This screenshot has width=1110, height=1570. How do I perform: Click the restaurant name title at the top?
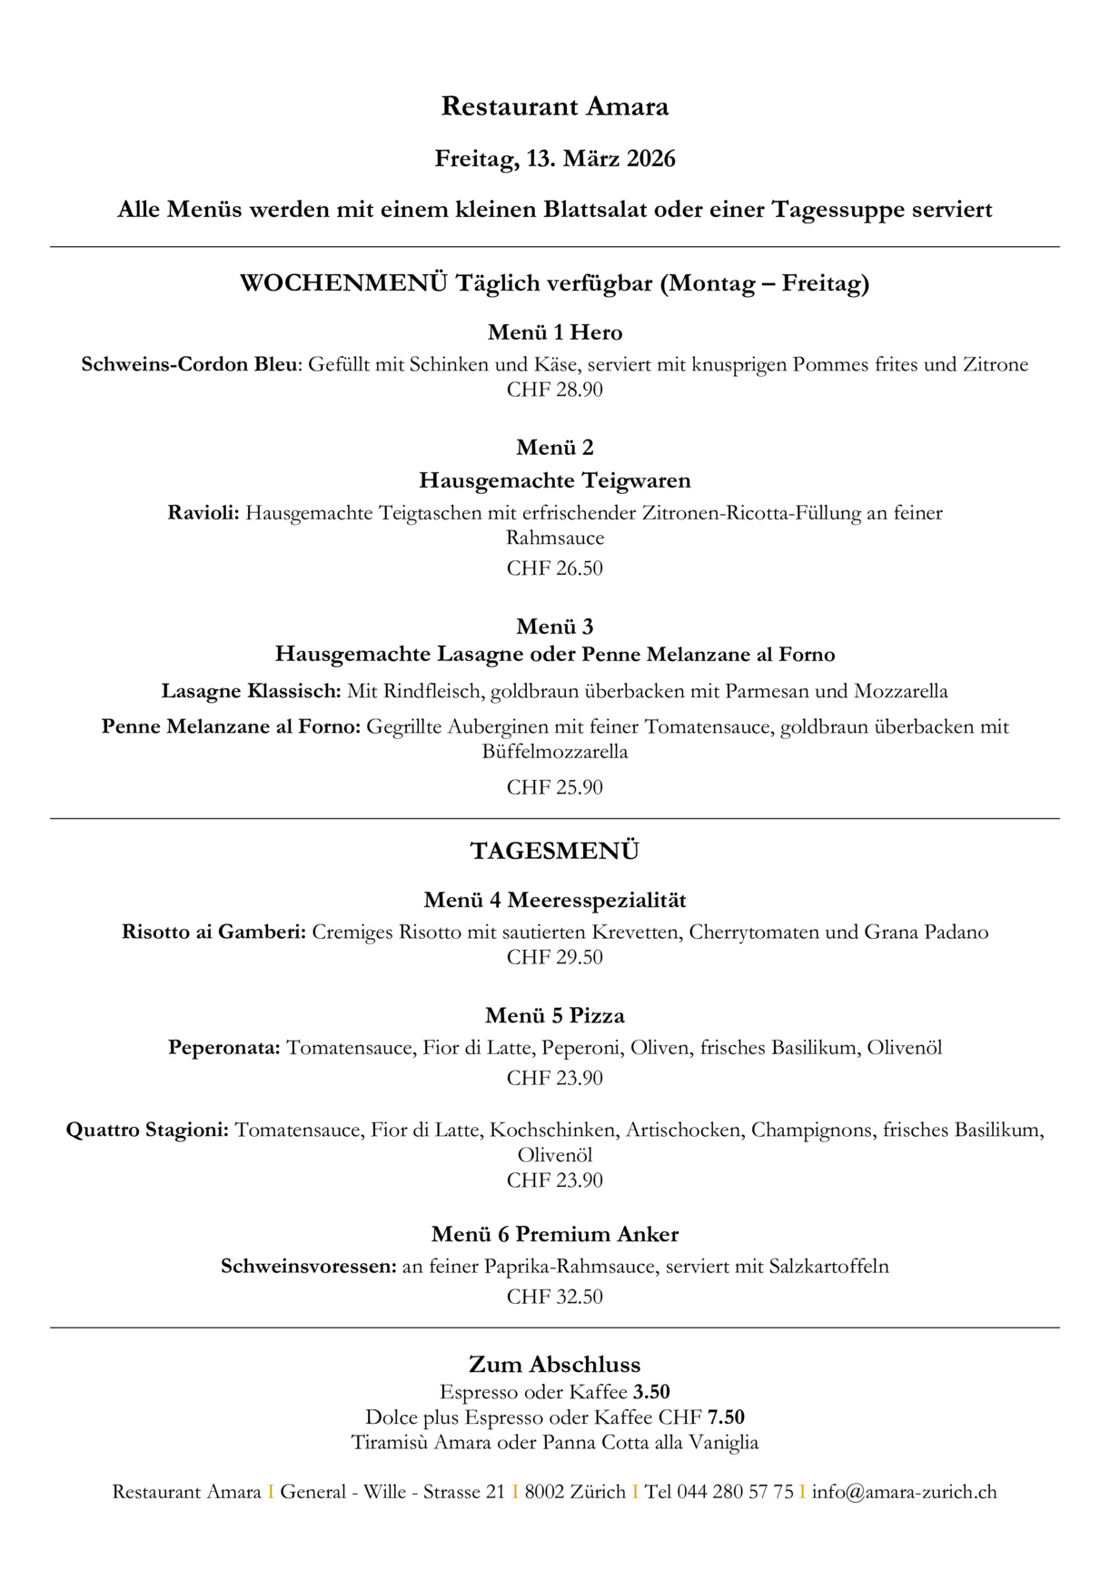point(554,106)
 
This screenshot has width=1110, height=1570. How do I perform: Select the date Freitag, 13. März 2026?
point(554,159)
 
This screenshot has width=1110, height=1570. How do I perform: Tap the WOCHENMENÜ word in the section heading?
point(343,283)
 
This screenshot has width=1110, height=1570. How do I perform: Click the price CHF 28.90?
point(554,390)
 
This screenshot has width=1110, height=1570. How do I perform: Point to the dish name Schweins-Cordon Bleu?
point(189,364)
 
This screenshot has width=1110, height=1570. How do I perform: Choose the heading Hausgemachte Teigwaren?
point(554,479)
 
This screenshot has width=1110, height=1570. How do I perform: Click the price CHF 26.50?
point(554,568)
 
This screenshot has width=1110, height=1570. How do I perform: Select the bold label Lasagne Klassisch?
point(251,691)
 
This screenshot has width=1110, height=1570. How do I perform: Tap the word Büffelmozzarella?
point(554,752)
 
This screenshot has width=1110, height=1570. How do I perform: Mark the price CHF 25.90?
point(554,787)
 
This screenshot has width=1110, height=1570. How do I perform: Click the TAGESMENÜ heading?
point(554,851)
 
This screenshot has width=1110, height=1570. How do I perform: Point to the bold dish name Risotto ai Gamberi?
point(213,932)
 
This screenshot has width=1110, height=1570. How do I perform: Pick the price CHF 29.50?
point(554,957)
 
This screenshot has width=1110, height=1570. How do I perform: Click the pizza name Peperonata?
point(223,1048)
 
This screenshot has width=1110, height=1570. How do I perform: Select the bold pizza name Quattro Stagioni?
point(147,1131)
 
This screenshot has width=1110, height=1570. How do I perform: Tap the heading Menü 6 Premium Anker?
point(554,1234)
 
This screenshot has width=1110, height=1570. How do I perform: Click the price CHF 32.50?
point(554,1297)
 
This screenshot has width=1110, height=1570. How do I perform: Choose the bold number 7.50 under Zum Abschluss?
point(726,1417)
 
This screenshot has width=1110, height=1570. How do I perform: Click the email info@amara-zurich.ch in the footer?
point(904,1492)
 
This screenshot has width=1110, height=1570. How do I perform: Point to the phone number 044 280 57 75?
point(735,1492)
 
